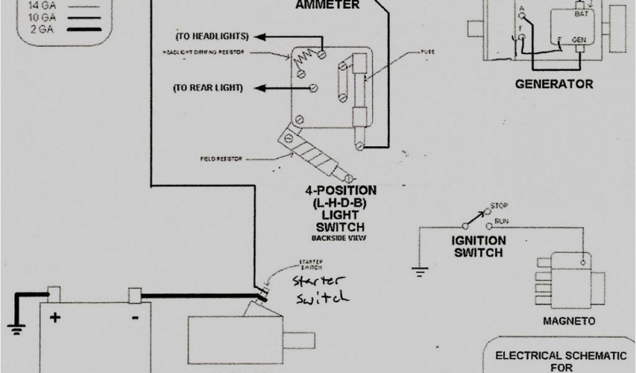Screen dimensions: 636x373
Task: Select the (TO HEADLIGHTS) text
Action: pyautogui.click(x=212, y=36)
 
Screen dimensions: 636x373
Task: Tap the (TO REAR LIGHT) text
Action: pyautogui.click(x=208, y=88)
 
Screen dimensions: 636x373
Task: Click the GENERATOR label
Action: pyautogui.click(x=553, y=84)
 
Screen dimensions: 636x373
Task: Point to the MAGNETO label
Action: pyautogui.click(x=569, y=321)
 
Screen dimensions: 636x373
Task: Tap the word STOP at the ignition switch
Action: pyautogui.click(x=499, y=205)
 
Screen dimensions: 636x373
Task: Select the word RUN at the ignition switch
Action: pyautogui.click(x=502, y=220)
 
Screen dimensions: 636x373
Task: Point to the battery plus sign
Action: pyautogui.click(x=55, y=318)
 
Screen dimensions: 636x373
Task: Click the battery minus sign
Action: pyautogui.click(x=135, y=316)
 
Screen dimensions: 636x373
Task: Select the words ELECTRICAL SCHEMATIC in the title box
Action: pyautogui.click(x=561, y=356)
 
